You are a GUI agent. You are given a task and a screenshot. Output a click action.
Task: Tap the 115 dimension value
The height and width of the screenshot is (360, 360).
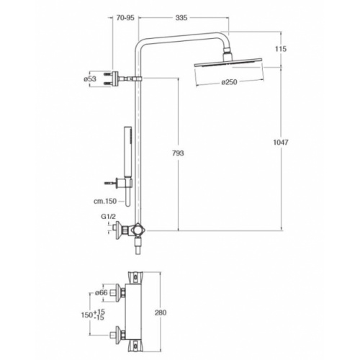(x=281, y=49)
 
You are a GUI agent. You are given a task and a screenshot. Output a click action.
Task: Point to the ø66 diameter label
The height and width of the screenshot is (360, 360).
(x=102, y=292)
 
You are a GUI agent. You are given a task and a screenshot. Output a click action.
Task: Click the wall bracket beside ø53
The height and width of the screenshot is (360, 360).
(x=115, y=77)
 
